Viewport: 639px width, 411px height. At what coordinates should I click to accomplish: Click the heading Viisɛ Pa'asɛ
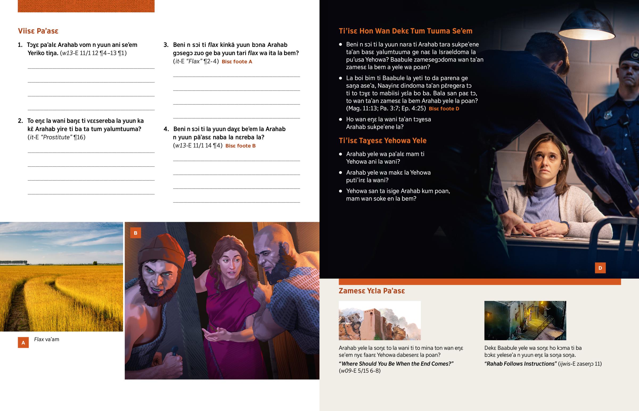pyautogui.click(x=38, y=31)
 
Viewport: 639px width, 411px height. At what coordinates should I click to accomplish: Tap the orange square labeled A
pyautogui.click(x=23, y=342)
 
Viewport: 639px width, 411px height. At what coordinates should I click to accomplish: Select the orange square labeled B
pyautogui.click(x=136, y=233)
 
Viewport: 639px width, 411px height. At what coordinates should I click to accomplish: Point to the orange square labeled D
pyautogui.click(x=600, y=268)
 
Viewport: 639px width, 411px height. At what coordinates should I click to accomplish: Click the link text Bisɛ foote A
pyautogui.click(x=237, y=62)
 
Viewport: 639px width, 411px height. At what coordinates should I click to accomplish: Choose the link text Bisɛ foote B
pyautogui.click(x=241, y=146)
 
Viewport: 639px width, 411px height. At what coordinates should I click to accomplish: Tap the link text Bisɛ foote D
pyautogui.click(x=444, y=109)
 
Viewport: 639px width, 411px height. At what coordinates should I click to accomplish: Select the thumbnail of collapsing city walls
pyautogui.click(x=379, y=320)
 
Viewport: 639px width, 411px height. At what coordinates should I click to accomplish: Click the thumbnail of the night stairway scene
pyautogui.click(x=525, y=320)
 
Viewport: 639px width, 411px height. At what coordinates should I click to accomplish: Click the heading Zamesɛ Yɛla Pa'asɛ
pyautogui.click(x=372, y=291)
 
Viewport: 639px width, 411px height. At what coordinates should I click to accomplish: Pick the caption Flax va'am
pyautogui.click(x=47, y=339)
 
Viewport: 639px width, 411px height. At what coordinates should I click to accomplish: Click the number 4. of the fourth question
pyautogui.click(x=166, y=129)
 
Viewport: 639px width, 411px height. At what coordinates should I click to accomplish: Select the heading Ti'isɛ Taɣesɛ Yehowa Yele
pyautogui.click(x=382, y=141)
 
